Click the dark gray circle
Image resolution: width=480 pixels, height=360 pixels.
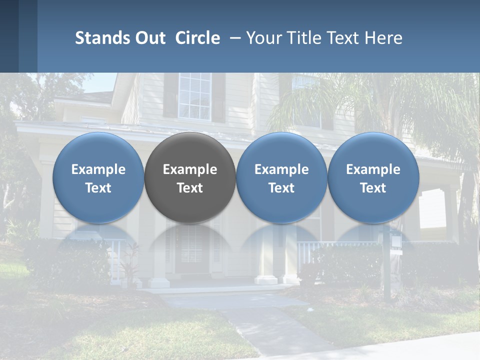point(190,177)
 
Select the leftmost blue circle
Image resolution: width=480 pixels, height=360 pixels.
point(98,177)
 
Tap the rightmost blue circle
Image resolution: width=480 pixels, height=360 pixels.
point(373,177)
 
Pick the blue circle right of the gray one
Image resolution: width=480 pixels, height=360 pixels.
point(281,177)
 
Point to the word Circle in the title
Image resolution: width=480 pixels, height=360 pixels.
point(197,38)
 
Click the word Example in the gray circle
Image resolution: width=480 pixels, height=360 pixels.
point(190,169)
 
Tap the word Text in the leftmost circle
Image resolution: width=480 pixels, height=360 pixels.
point(98,188)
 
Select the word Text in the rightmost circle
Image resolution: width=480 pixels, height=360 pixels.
point(373,188)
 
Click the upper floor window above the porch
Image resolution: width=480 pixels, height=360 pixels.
point(195,96)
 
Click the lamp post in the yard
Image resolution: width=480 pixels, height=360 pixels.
point(387,270)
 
